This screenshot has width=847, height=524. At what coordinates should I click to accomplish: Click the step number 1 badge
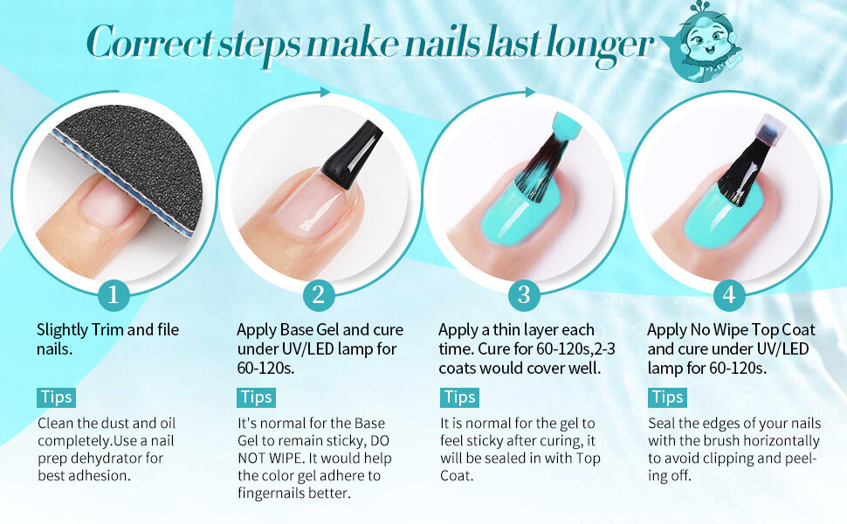pyautogui.click(x=114, y=295)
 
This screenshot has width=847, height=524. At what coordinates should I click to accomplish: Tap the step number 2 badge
pyautogui.click(x=319, y=295)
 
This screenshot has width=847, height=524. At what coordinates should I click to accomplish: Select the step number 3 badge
pyautogui.click(x=524, y=295)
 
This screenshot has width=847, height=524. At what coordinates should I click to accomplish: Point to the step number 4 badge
pyautogui.click(x=729, y=295)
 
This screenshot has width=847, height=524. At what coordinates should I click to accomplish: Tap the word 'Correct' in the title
pyautogui.click(x=151, y=42)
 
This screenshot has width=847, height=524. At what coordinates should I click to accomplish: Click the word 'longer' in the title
pyautogui.click(x=601, y=45)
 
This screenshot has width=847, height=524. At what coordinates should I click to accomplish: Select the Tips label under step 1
pyautogui.click(x=57, y=397)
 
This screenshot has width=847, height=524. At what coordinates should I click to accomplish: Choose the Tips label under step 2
pyautogui.click(x=256, y=397)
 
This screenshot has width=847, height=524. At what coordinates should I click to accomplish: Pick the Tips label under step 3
pyautogui.click(x=459, y=397)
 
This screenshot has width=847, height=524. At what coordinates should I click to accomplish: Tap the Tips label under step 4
pyautogui.click(x=668, y=397)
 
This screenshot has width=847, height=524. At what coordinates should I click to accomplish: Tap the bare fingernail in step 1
pyautogui.click(x=108, y=203)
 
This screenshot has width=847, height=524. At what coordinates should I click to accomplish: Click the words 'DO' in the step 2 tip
pyautogui.click(x=380, y=441)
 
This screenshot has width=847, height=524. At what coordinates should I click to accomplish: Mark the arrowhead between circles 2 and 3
pyautogui.click(x=325, y=93)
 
